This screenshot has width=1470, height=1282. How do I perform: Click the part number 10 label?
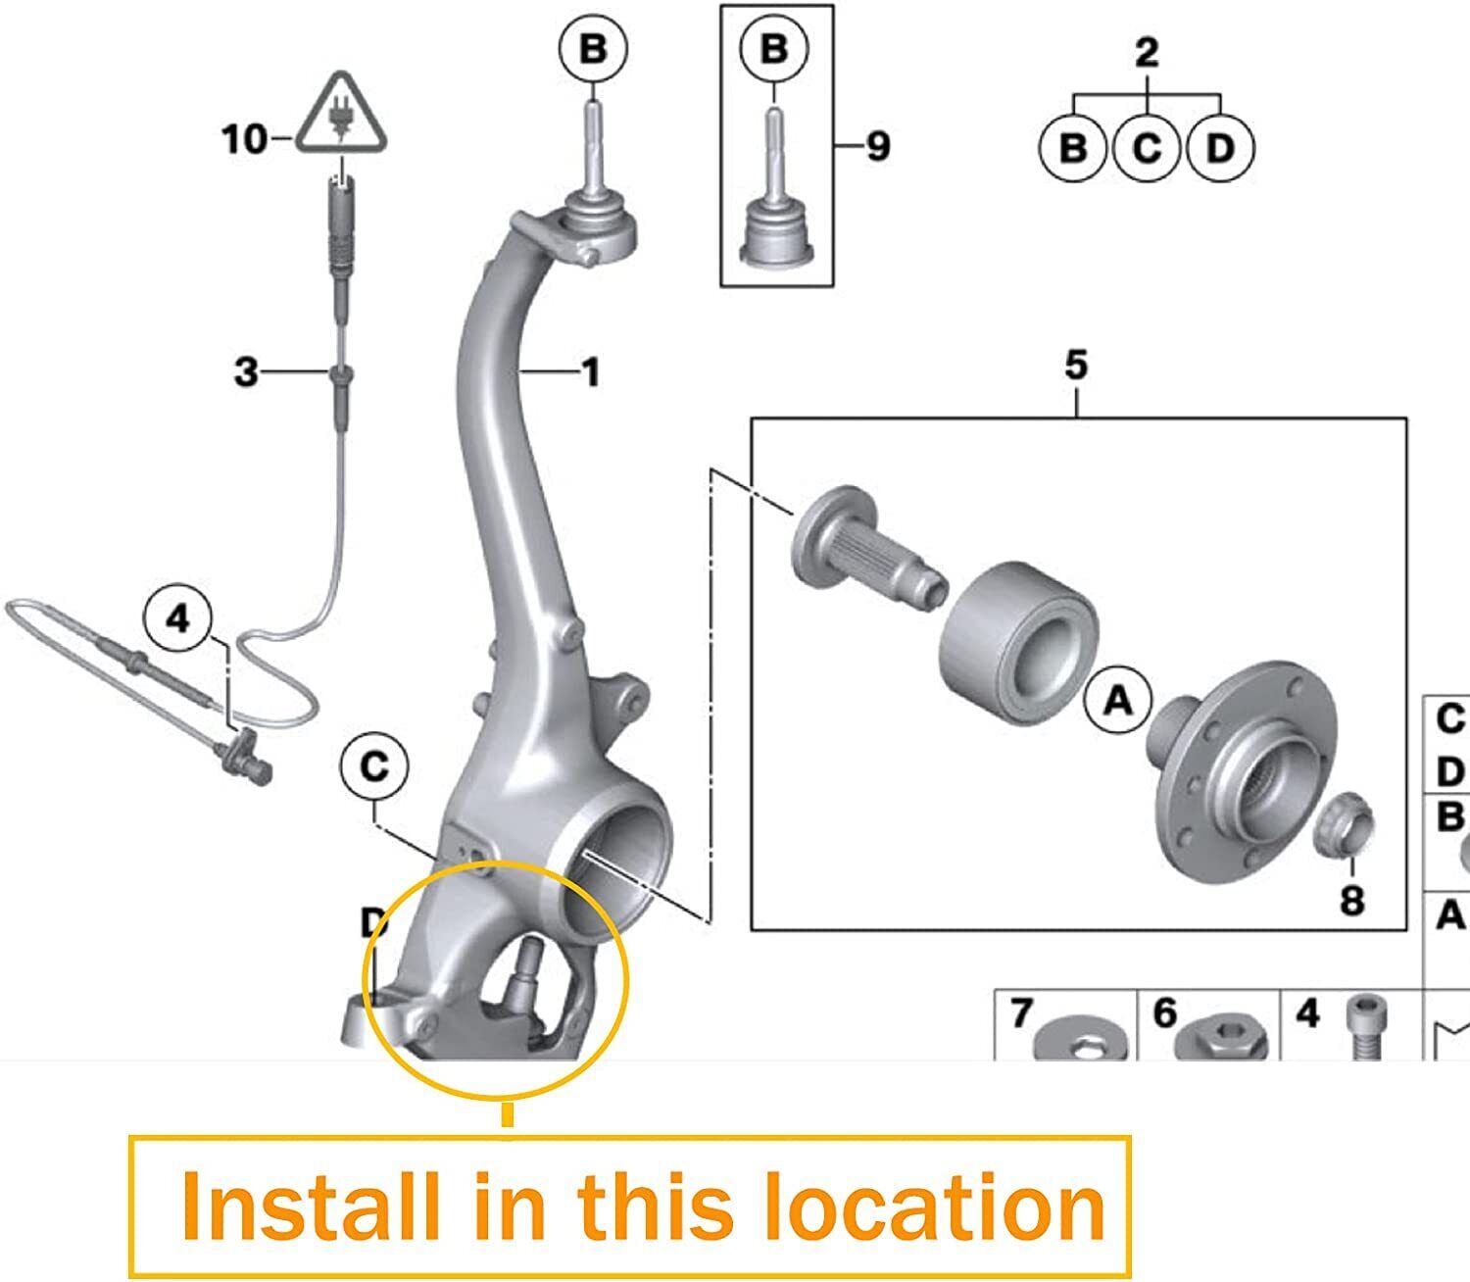click(x=244, y=139)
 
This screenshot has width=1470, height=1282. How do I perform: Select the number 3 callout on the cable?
click(x=246, y=372)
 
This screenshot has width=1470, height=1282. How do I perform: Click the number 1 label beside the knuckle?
click(x=590, y=372)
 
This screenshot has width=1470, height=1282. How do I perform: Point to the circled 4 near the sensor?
click(x=178, y=617)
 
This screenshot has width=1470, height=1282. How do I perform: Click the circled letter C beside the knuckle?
click(x=374, y=766)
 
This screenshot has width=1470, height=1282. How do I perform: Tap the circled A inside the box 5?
click(x=1118, y=699)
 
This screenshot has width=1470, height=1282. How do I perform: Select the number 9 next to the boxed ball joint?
click(x=878, y=146)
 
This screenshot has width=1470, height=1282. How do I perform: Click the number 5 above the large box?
click(x=1076, y=365)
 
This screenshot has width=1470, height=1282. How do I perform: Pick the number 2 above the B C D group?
click(x=1147, y=53)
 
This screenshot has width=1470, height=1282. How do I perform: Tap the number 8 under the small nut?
click(x=1351, y=900)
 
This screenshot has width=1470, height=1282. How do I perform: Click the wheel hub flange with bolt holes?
click(x=1242, y=772)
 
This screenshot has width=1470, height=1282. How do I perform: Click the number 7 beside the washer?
click(x=1022, y=1013)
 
